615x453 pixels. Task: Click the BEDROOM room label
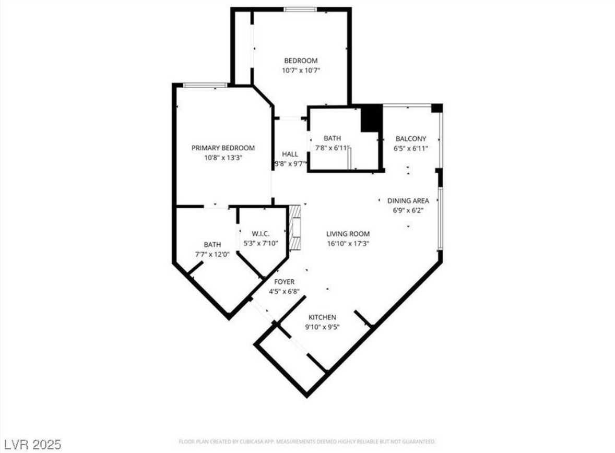click(300, 61)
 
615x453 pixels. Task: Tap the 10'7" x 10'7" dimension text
click(300, 70)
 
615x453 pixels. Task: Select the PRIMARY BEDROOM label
click(223, 148)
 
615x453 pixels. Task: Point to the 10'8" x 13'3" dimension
click(223, 157)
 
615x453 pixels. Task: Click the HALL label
click(290, 154)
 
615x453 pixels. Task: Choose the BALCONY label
click(410, 139)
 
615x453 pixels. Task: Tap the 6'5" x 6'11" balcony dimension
click(410, 148)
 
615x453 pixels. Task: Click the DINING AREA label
click(408, 200)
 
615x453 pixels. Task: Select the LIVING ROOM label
click(348, 234)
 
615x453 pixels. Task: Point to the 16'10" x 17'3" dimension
click(348, 243)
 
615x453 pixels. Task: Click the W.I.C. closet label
click(260, 233)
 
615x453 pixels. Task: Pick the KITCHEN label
click(322, 317)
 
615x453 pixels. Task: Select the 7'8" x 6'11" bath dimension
click(332, 148)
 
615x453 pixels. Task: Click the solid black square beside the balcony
click(371, 118)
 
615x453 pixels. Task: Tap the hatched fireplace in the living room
click(296, 228)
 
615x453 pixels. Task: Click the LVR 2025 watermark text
click(31, 445)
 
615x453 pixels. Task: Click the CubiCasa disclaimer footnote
click(307, 442)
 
